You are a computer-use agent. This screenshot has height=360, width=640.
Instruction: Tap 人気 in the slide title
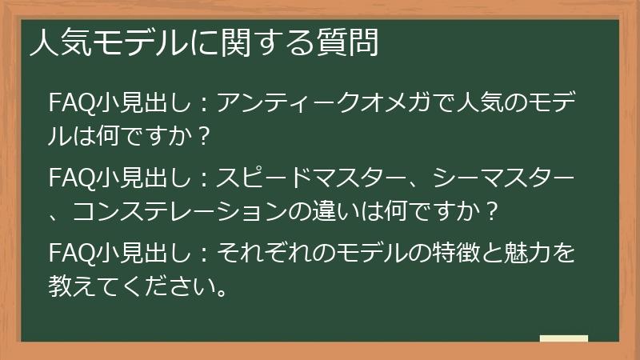pyautogui.click(x=54, y=42)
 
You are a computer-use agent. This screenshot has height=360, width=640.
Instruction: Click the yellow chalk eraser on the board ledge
pyautogui.click(x=564, y=338)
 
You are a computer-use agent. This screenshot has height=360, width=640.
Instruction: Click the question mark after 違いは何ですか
pyautogui.click(x=493, y=211)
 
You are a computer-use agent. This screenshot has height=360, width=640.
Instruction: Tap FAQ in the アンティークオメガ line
pyautogui.click(x=70, y=104)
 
